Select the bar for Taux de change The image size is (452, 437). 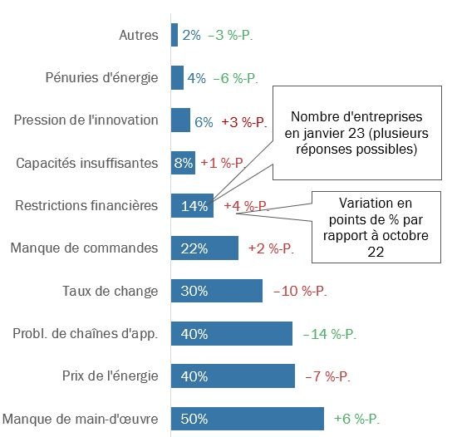click(x=217, y=291)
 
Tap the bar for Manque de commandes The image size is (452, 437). click(x=204, y=248)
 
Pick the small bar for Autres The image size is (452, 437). click(x=174, y=35)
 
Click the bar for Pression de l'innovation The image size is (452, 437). click(x=180, y=120)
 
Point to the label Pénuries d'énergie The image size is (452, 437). click(x=101, y=77)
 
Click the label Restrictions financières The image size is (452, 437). click(x=86, y=205)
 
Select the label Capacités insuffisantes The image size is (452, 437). click(x=87, y=163)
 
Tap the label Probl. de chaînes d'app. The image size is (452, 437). click(x=85, y=333)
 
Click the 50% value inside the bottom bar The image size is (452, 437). click(x=194, y=419)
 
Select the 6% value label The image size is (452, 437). click(x=204, y=121)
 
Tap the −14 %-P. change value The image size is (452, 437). click(x=329, y=334)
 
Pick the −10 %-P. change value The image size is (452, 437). click(x=302, y=291)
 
